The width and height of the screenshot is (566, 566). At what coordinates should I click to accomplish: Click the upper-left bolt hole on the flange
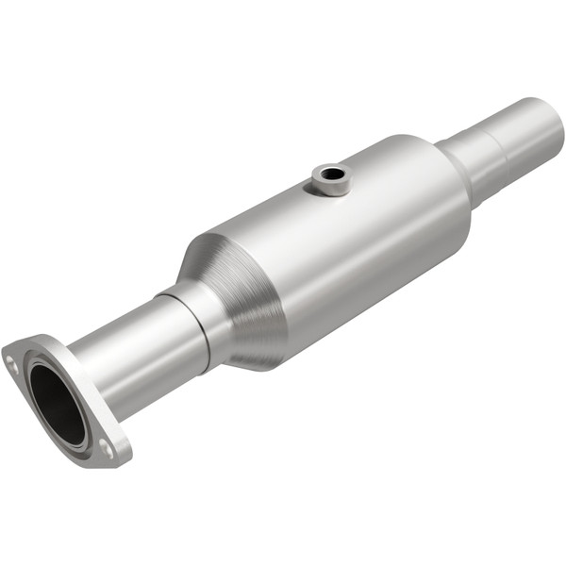click(11, 359)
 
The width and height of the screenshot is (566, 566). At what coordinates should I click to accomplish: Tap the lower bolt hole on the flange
click(107, 451)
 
